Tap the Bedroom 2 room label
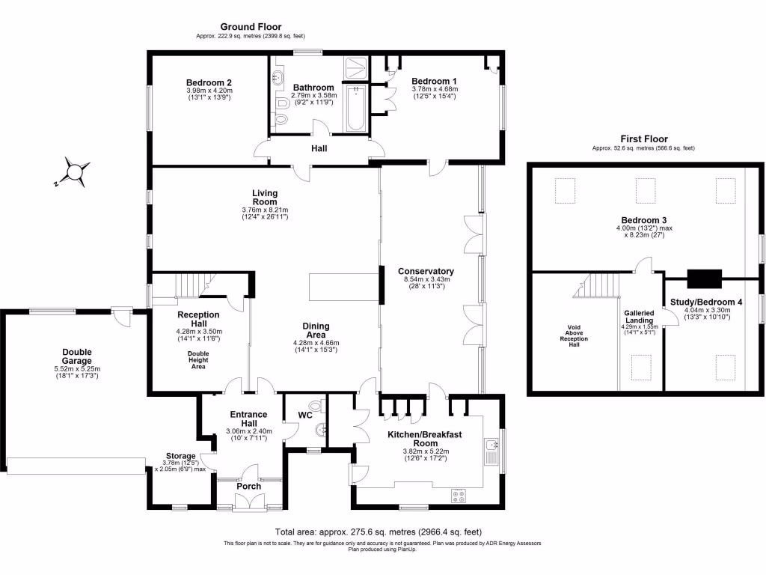click(209, 83)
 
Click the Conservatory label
click(426, 271)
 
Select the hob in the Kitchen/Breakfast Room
click(459, 495)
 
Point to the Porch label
click(248, 487)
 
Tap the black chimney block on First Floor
click(704, 279)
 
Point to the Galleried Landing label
click(639, 317)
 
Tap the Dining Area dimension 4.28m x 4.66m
click(316, 343)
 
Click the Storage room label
click(180, 456)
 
